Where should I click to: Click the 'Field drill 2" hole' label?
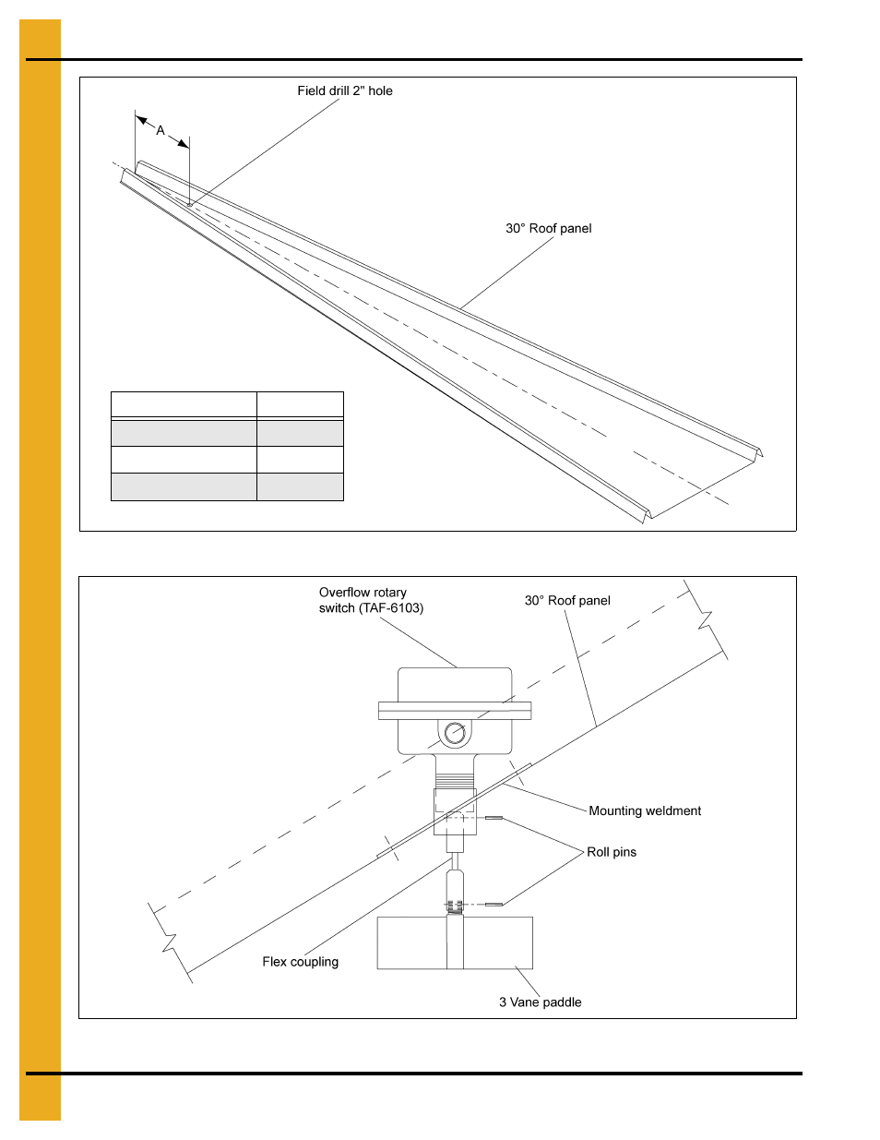[344, 90]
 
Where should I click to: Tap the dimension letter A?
[161, 130]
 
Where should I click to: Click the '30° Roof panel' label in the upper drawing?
[548, 228]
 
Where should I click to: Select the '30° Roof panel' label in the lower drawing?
[567, 600]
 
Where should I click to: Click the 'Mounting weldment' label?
[645, 810]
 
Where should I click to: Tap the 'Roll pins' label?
[612, 852]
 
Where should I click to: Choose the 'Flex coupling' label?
[300, 962]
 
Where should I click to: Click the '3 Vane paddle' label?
[540, 1002]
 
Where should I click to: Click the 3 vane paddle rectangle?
[498, 942]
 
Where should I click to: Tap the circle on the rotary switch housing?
[455, 734]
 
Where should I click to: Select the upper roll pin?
[494, 818]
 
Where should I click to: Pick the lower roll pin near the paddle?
[494, 905]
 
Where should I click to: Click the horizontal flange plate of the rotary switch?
[455, 711]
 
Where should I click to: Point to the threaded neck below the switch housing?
[455, 780]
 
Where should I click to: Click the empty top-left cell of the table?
[184, 405]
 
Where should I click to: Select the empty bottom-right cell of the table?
[300, 486]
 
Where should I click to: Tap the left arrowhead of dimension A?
[141, 119]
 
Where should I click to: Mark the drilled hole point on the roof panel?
[190, 205]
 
